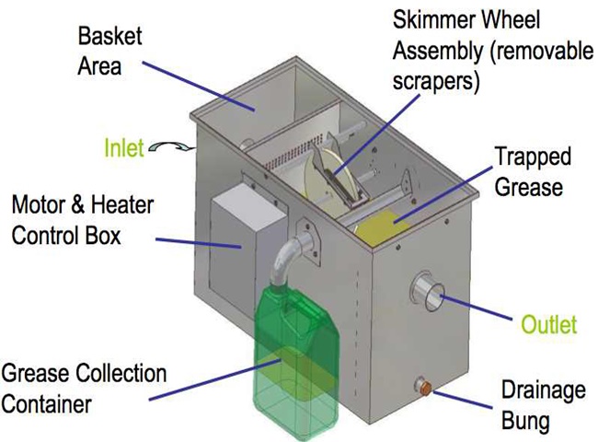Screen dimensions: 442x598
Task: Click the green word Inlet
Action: point(123,147)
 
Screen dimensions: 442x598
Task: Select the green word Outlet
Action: point(549,324)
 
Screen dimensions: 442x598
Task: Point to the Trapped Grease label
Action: point(532,171)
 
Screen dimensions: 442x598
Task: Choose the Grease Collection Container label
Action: point(84,388)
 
